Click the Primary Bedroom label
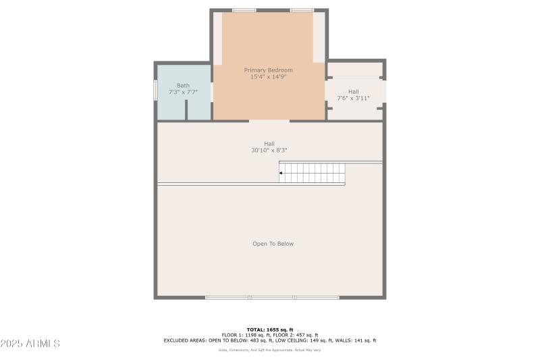click(269, 70)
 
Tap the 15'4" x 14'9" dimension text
click(269, 77)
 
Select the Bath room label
click(183, 85)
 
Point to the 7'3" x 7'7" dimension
click(183, 93)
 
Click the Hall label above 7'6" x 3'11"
click(353, 91)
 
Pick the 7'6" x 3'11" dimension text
click(353, 99)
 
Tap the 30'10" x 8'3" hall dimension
click(269, 151)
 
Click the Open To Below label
click(273, 244)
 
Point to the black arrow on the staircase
click(281, 173)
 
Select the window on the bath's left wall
click(156, 91)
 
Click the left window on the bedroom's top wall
click(244, 10)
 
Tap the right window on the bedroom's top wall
click(301, 10)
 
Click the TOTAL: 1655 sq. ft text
click(269, 329)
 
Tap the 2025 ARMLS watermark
click(31, 344)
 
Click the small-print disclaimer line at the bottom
click(269, 350)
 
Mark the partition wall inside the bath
click(186, 112)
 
